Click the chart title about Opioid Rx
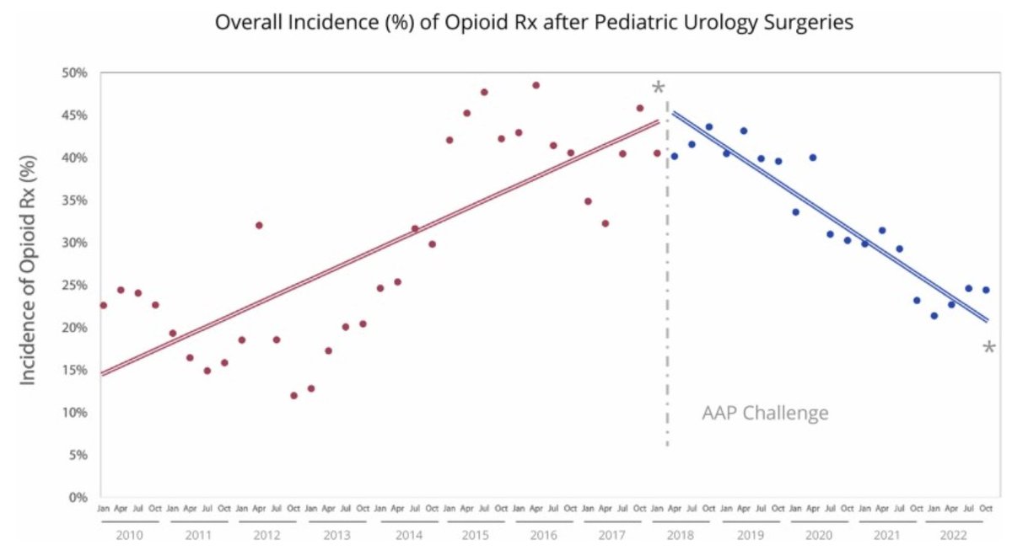coord(535,23)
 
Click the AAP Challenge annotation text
coord(765,414)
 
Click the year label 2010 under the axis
coord(129,535)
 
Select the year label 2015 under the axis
coord(476,535)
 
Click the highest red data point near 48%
coord(536,85)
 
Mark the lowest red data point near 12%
coord(293,395)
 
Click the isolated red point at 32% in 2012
coord(259,225)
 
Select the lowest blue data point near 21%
coord(934,316)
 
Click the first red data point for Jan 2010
coord(103,305)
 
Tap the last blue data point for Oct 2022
coord(986,290)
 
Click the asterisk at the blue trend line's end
coord(989,347)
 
